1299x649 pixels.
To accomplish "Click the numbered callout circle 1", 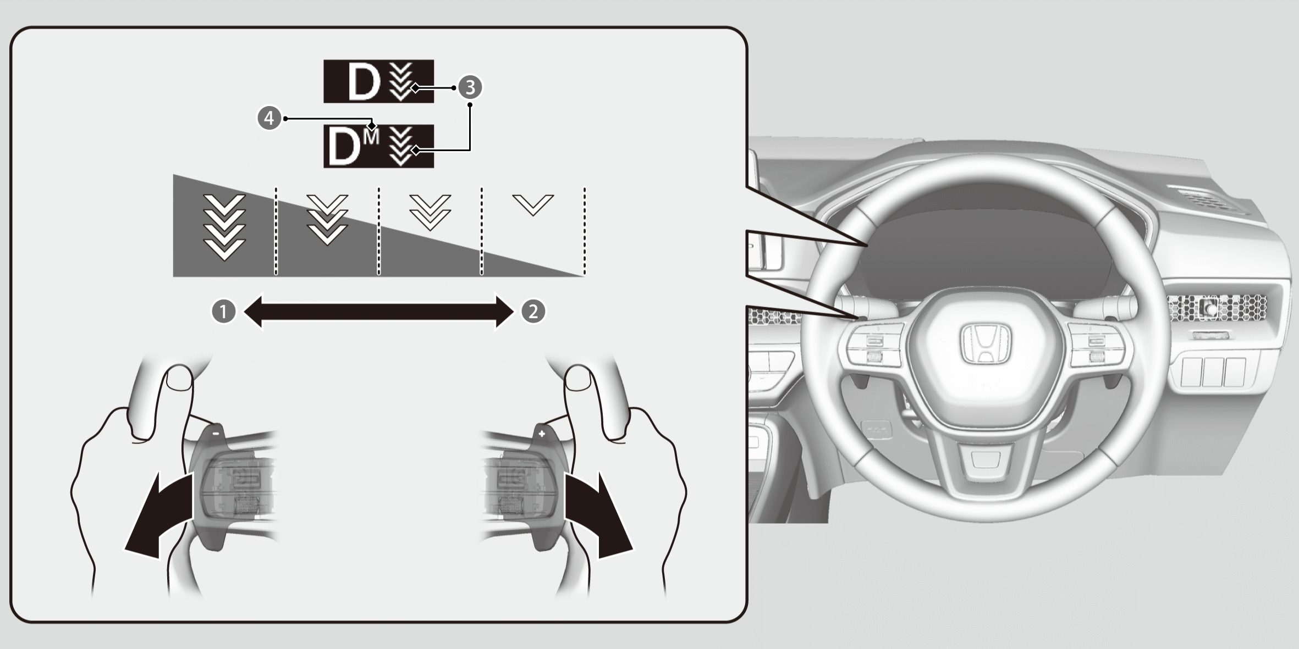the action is pos(223,312).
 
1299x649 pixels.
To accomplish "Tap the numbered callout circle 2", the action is pos(533,312).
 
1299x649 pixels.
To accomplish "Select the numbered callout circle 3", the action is pos(470,87).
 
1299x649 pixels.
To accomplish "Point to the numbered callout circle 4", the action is pos(269,118).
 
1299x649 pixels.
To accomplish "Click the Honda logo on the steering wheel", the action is pos(986,344).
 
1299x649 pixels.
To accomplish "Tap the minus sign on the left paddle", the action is pos(216,433).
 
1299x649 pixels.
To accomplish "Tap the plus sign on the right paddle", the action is pos(542,434).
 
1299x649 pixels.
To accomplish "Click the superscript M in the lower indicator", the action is pos(371,136).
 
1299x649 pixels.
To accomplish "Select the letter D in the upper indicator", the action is pos(364,81).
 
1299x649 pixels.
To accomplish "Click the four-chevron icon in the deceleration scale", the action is pos(224,226).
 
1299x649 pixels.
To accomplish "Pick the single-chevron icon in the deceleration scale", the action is pos(533,204).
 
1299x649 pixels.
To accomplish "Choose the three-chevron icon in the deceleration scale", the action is pos(327,219).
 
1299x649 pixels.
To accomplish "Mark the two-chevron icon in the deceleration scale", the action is pos(430,212).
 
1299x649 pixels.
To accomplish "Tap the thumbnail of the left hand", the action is pos(179,379).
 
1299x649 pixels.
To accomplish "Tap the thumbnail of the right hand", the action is pos(578,379).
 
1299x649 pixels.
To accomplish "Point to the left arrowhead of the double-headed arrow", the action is pos(253,312).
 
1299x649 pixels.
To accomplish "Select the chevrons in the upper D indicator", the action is pos(401,82).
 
